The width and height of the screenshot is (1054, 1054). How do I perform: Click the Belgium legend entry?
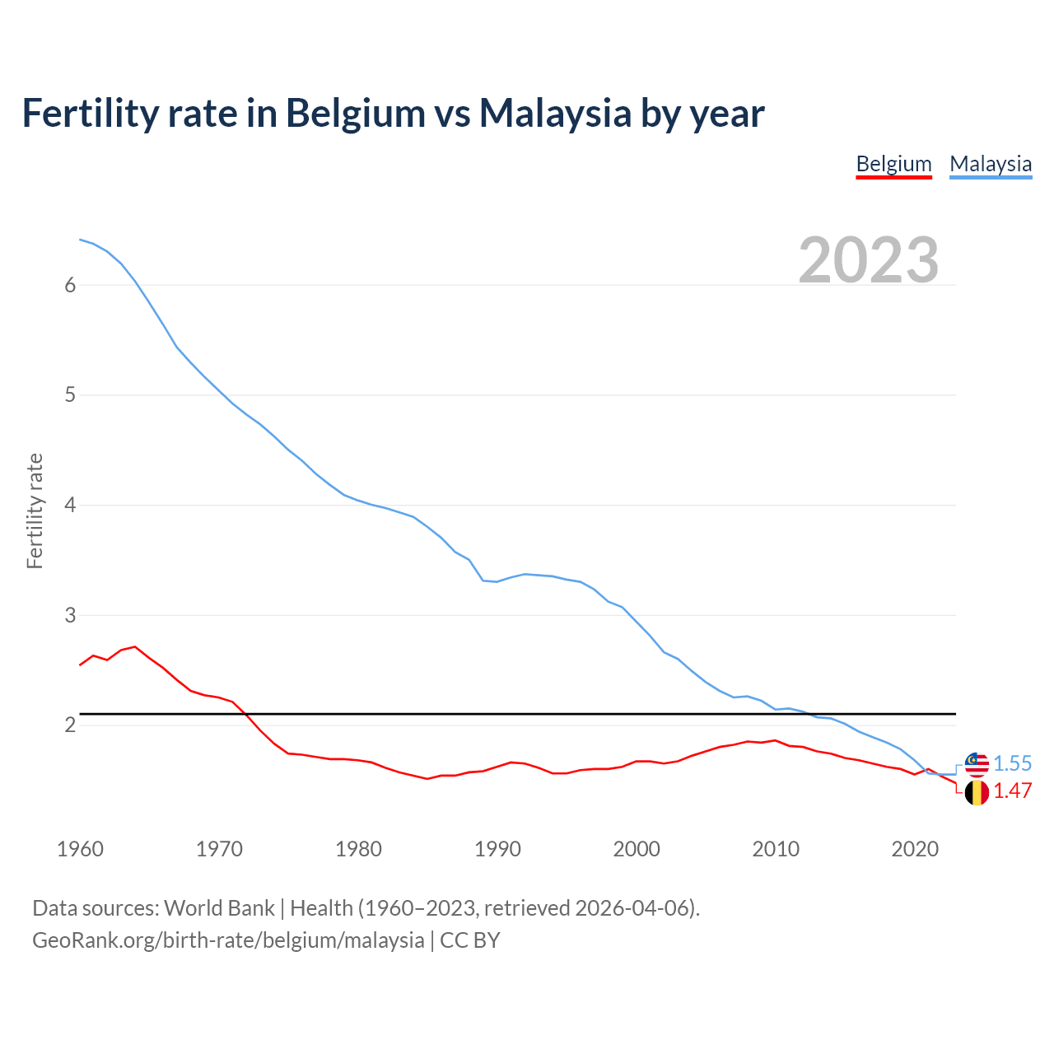click(893, 164)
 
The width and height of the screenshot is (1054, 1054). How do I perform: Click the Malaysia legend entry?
click(991, 164)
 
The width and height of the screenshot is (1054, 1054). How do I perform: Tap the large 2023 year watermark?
click(869, 260)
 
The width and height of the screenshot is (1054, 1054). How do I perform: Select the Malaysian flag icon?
click(977, 764)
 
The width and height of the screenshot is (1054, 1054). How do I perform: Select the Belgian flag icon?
click(977, 792)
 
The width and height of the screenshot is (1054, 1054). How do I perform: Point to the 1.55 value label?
click(1012, 763)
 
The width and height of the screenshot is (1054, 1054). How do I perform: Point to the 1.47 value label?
click(1012, 791)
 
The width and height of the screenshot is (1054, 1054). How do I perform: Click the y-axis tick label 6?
click(70, 285)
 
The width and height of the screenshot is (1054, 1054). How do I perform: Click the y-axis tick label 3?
click(70, 615)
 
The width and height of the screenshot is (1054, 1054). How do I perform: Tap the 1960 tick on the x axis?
click(80, 849)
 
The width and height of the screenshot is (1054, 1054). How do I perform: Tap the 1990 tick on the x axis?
click(497, 849)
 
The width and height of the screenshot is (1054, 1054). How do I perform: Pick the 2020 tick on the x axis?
click(915, 849)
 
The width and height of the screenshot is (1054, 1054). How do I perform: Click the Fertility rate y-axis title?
click(35, 511)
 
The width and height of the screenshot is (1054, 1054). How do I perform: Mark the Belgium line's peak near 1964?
click(135, 646)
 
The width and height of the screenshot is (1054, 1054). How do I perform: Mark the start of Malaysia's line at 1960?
click(80, 240)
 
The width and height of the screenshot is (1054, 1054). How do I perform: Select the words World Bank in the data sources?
click(219, 907)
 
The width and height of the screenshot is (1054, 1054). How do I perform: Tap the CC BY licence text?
click(470, 940)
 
